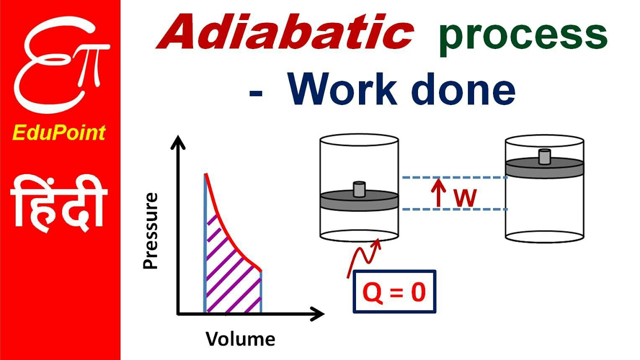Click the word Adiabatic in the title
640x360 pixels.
coord(285,34)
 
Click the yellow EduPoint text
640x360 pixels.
coord(59,132)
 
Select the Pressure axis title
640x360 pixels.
coord(150,231)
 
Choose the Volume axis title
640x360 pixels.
coord(240,338)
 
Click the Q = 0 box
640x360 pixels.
coord(394,292)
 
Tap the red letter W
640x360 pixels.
coord(465,198)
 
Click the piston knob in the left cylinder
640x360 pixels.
coord(359,189)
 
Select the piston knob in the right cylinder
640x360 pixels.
coord(544,156)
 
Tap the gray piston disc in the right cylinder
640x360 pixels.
coord(544,167)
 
